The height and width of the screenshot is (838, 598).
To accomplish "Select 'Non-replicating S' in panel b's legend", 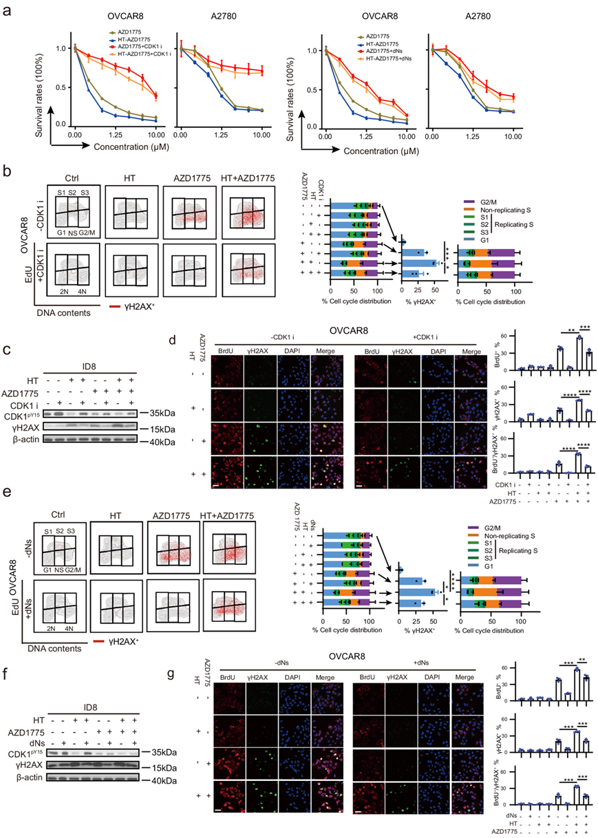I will [502, 212].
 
